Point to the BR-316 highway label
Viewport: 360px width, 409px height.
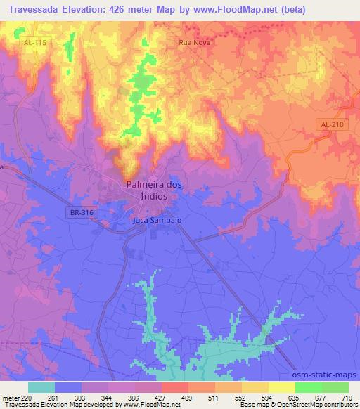[x=83, y=212]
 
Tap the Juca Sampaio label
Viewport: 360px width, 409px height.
[x=157, y=220]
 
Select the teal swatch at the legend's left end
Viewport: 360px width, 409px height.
[x=41, y=387]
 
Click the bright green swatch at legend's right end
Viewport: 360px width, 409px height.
[x=335, y=387]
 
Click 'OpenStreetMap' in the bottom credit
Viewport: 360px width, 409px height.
[x=307, y=405]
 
